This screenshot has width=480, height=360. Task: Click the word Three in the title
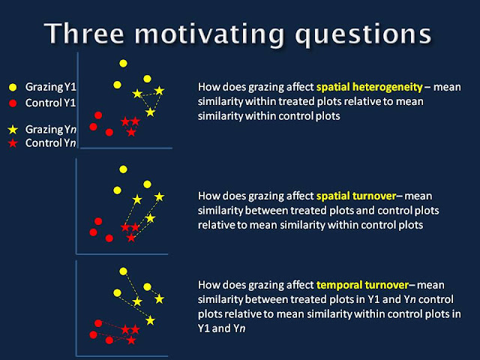[x=84, y=33]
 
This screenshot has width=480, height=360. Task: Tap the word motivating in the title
[x=210, y=34]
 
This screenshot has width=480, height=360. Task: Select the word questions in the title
[x=363, y=35]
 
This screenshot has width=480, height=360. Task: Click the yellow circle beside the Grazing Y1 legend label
[x=13, y=87]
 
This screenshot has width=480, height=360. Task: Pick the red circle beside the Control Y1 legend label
[x=13, y=103]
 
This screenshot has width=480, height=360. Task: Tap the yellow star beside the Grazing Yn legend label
[x=13, y=130]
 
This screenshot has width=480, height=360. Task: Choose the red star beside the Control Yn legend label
[x=13, y=143]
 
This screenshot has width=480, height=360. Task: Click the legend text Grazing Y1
[x=50, y=87]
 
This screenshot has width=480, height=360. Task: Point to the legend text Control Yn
[x=50, y=143]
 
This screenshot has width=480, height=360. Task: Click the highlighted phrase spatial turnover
[x=356, y=196]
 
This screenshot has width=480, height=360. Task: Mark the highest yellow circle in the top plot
[x=123, y=63]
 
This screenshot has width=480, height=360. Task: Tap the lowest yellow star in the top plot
[x=150, y=112]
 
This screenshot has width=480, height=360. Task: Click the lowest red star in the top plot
[x=131, y=132]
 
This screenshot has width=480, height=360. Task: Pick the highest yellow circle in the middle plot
[x=123, y=169]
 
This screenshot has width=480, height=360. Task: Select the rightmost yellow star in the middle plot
[x=159, y=196]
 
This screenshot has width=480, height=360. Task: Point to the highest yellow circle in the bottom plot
[x=123, y=271]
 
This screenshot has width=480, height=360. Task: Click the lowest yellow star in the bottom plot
[x=150, y=320]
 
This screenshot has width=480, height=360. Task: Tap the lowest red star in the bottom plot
[x=131, y=340]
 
